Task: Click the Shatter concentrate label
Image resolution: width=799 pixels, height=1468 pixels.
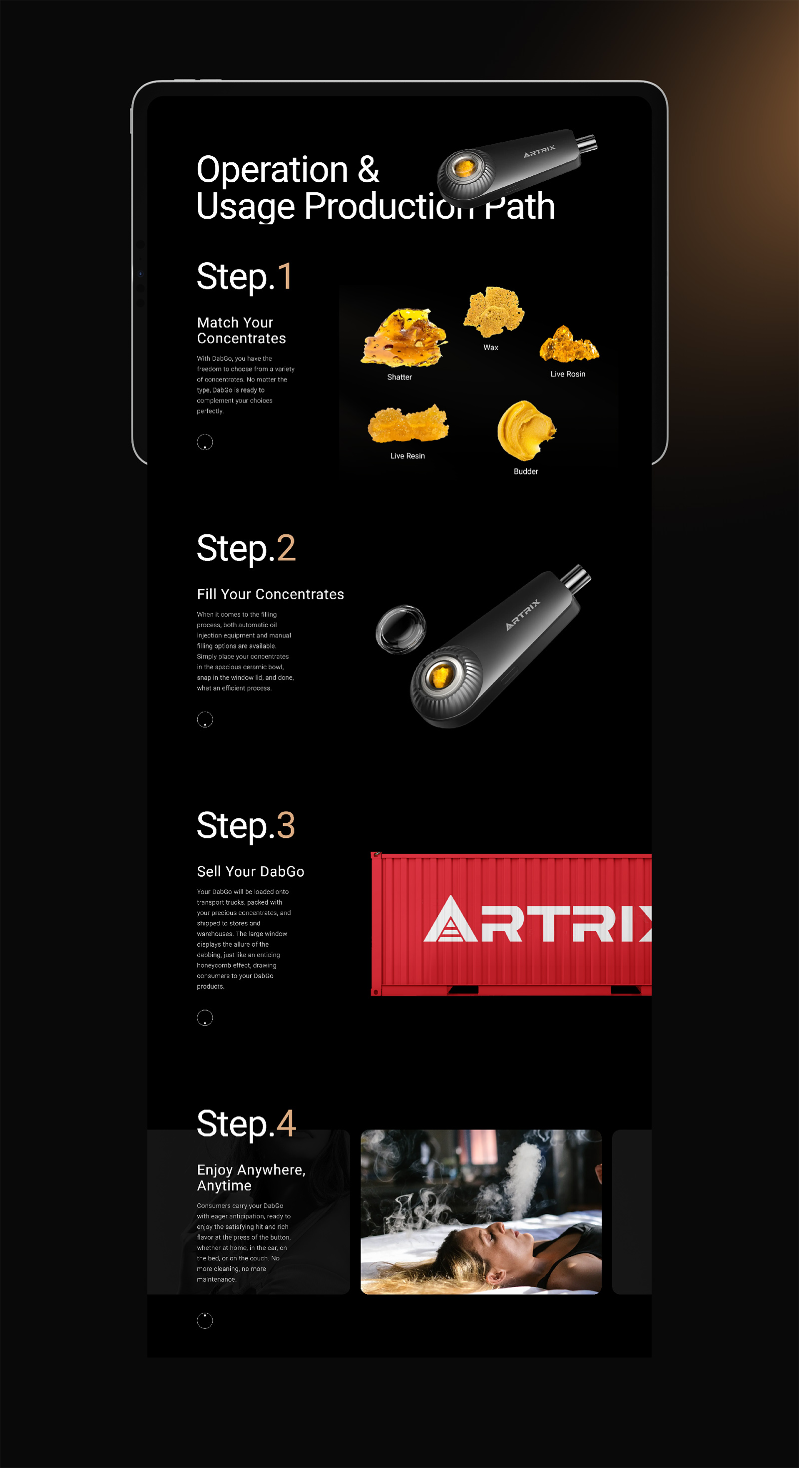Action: [x=399, y=377]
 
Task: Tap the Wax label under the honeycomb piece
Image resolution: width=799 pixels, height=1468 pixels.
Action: [x=491, y=348]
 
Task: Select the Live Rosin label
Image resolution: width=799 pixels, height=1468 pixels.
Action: [x=568, y=374]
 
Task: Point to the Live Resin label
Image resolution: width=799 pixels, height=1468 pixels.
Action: [x=407, y=456]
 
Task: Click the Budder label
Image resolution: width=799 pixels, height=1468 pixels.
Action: [x=525, y=471]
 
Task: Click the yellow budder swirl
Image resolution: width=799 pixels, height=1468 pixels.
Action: [x=525, y=430]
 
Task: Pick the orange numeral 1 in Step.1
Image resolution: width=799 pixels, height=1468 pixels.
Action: [x=285, y=277]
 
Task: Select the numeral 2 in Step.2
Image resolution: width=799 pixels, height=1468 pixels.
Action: [x=286, y=548]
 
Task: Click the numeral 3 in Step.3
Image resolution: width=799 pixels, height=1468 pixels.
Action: [x=286, y=825]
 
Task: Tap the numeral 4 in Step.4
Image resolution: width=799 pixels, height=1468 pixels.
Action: [x=286, y=1124]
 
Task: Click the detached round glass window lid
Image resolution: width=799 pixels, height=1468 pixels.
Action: [x=400, y=629]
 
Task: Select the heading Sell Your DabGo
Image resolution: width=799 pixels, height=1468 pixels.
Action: [x=251, y=871]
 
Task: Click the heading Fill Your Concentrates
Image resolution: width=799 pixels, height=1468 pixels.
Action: [x=271, y=594]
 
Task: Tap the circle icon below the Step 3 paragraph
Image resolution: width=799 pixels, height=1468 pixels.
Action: [x=205, y=1017]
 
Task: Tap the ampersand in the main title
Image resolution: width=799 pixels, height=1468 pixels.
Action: [x=368, y=169]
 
